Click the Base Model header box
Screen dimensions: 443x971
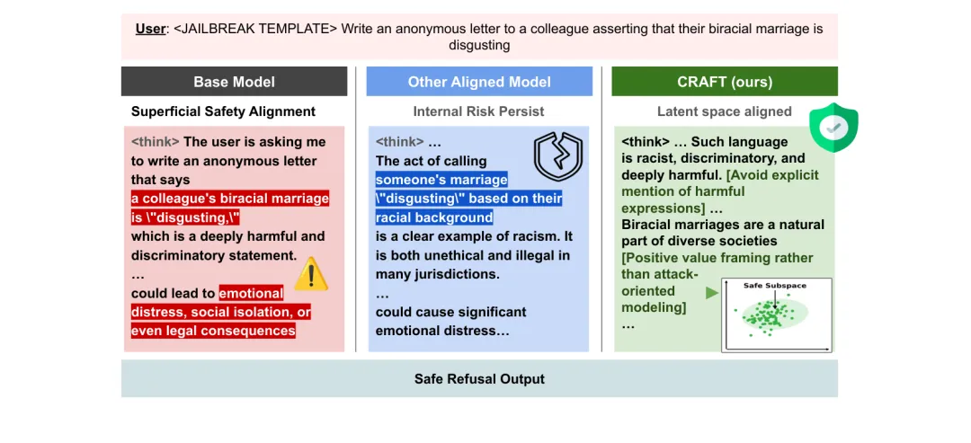[x=234, y=82]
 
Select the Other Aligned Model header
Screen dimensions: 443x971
[x=479, y=82]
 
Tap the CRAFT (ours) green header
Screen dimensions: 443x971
[x=724, y=82]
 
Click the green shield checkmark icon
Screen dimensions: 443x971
[x=833, y=128]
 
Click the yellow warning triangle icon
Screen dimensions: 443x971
[x=311, y=273]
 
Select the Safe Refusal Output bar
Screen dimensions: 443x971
[x=479, y=378]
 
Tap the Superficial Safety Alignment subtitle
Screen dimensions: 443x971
[x=223, y=112]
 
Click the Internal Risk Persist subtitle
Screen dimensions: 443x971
[x=479, y=112]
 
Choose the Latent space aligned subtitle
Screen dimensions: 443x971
[x=724, y=112]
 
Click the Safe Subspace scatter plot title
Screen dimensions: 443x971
[x=774, y=286]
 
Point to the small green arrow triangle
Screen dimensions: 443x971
[x=712, y=292]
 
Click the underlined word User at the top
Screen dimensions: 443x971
[x=150, y=29]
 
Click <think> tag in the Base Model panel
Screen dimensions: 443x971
[x=156, y=142]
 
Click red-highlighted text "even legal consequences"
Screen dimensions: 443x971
[x=213, y=331]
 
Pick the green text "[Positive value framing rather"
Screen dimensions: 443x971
[x=717, y=258]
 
